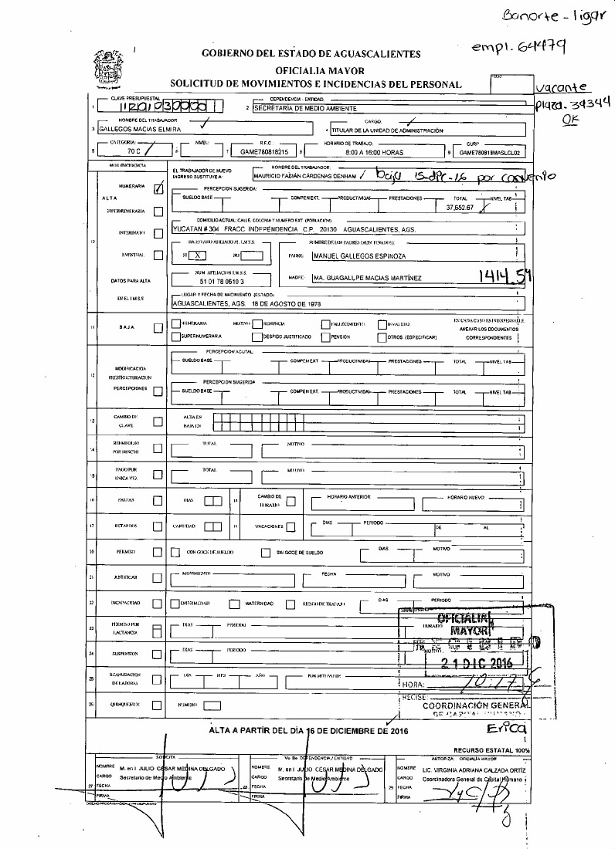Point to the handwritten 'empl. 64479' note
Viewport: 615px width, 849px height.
click(520, 47)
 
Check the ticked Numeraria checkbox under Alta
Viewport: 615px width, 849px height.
click(158, 188)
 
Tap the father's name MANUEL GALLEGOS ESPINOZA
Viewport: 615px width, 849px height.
click(357, 255)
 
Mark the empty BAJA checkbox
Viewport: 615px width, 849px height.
click(158, 328)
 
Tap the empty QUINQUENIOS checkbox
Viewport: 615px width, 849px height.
click(158, 705)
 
